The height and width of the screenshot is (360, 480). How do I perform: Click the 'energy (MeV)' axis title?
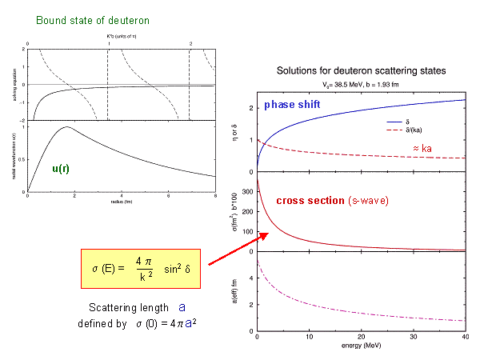pos(359,347)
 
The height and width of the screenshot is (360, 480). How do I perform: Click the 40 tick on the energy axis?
pos(466,338)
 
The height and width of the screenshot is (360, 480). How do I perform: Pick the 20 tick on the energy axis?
pos(362,338)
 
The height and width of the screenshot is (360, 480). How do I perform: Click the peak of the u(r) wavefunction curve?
pos(66,127)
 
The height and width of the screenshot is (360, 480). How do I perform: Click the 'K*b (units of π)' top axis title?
pos(122,37)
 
